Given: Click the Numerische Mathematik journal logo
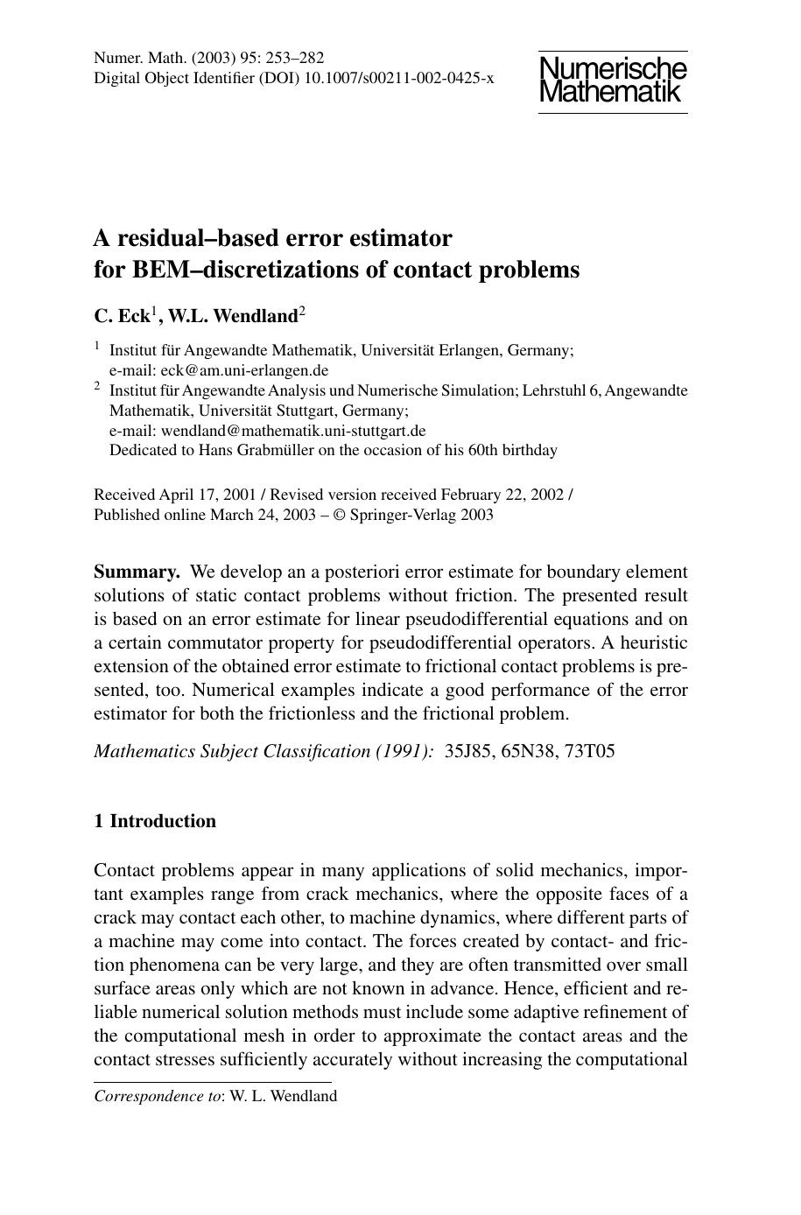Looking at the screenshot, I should (x=612, y=81).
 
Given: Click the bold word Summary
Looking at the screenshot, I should (x=137, y=572).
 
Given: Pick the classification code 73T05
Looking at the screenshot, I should (x=590, y=751).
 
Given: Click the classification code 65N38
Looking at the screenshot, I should (x=530, y=751).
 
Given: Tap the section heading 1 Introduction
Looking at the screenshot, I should (x=155, y=821).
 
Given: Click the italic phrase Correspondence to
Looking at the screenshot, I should (x=158, y=1096).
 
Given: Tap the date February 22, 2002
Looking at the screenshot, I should (x=502, y=495).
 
